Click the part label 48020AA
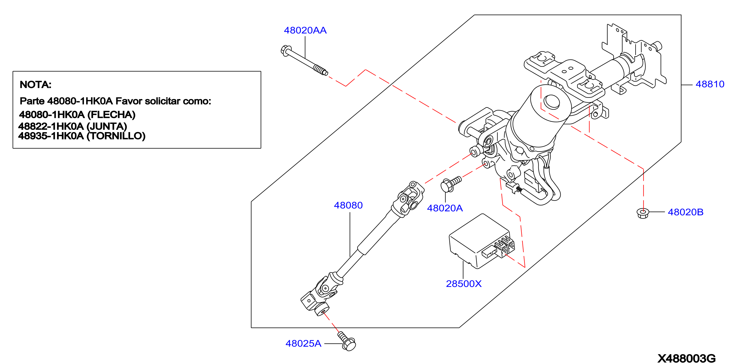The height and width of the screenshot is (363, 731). pos(305,30)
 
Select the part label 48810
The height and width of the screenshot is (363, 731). pos(710,84)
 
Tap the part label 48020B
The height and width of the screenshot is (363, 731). pos(686,212)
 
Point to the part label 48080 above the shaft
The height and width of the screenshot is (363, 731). pos(348,205)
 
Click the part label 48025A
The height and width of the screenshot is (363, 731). pos(303,343)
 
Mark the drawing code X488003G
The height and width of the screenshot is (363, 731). pos(686,358)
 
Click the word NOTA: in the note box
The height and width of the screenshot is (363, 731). pos(35,84)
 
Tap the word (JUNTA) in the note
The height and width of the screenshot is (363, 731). pos(107,126)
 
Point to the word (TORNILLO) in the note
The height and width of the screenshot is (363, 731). pos(116,136)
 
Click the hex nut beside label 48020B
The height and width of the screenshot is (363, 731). pos(643,213)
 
